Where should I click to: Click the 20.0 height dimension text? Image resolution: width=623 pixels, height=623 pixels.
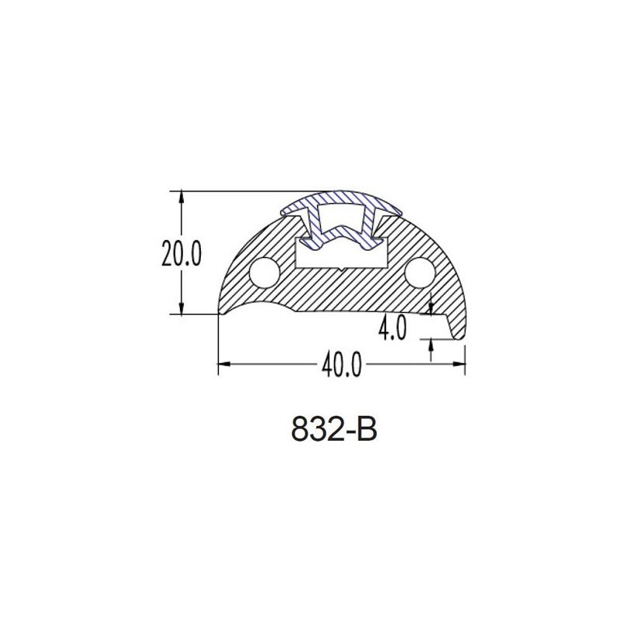(x=181, y=254)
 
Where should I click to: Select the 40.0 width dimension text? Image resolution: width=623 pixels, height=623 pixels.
(x=342, y=364)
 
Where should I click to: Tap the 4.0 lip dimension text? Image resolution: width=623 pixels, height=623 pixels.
(x=392, y=328)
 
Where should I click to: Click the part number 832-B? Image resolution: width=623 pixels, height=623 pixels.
(x=334, y=429)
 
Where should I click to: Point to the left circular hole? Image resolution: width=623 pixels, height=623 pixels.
(x=265, y=273)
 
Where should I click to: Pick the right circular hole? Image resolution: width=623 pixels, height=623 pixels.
(x=420, y=273)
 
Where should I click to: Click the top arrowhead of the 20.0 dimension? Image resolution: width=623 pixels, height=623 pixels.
(x=181, y=198)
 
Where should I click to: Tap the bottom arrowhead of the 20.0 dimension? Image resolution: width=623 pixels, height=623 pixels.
(x=181, y=308)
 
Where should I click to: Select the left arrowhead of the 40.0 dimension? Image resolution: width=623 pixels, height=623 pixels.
(x=225, y=364)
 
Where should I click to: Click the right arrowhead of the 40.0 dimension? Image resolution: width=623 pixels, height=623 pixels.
(x=459, y=364)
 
